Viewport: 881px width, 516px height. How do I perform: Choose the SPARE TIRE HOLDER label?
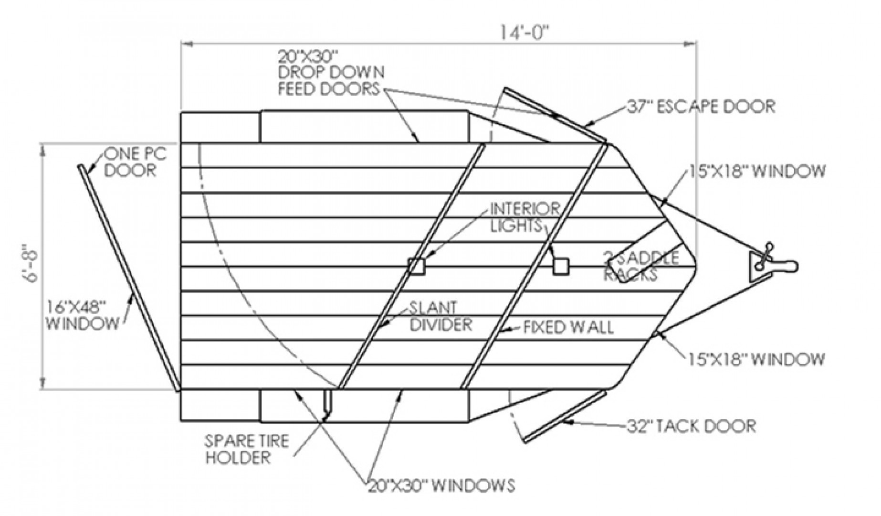pos(246,449)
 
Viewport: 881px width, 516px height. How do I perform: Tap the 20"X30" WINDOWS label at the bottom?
pos(441,485)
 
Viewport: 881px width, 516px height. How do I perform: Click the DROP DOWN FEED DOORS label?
pos(331,73)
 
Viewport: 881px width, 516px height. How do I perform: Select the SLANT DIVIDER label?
pos(440,316)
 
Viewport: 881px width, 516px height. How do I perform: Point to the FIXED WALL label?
pos(568,328)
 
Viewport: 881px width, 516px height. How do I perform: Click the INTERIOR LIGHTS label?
pos(524,217)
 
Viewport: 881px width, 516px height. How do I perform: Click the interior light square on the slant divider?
pos(416,266)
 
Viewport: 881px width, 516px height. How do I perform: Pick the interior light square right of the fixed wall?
pos(561,266)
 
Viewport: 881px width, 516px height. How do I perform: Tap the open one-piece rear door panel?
pos(129,277)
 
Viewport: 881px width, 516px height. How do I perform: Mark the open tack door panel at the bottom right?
pos(565,416)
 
